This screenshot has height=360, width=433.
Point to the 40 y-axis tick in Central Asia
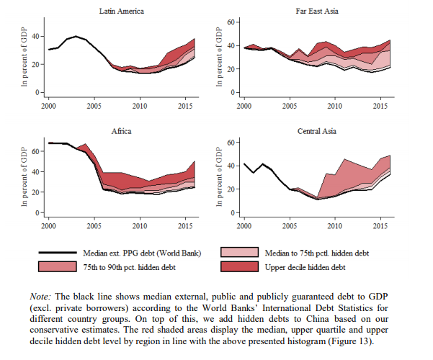pyautogui.click(x=232, y=166)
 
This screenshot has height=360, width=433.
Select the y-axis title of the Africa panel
pyautogui.click(x=24, y=178)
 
